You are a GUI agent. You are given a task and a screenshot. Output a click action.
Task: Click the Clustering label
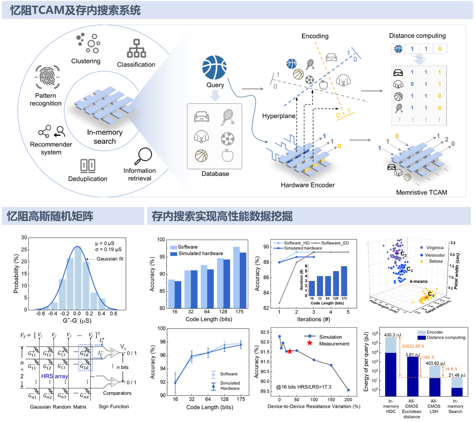coord(86,61)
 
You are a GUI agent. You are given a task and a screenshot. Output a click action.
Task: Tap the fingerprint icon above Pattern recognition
coord(47,77)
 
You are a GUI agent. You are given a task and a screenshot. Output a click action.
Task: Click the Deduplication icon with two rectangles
coord(88,166)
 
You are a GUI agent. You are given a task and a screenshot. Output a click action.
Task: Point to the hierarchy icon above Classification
coord(136,49)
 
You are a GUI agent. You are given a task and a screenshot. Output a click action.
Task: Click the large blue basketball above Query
coord(214,68)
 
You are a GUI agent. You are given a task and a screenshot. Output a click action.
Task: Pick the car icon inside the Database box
coord(202,117)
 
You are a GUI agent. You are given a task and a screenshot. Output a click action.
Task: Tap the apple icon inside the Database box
coord(228,155)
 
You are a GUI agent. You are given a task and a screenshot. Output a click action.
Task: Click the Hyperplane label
coord(279,116)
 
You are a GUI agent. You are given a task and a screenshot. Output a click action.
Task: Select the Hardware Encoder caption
coord(308,185)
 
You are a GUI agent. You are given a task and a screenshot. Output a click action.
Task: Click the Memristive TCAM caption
coord(421,192)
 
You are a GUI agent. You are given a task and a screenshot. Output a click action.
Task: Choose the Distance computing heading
coord(417,36)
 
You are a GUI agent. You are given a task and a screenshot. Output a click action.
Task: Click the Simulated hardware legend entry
coord(200,253)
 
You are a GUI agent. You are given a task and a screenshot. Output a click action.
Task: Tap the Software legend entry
coord(188,247)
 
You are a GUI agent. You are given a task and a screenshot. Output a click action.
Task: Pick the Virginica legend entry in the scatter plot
coord(434,248)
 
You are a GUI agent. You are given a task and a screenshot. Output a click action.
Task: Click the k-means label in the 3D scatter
coord(419,281)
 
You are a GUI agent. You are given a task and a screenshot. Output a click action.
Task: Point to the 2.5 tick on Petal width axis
coord(453,243)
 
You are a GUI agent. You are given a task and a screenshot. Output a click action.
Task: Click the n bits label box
coord(123,367)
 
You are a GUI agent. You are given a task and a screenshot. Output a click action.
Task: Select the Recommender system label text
coord(51,148)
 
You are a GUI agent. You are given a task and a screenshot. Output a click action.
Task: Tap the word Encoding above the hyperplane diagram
coord(315,36)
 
